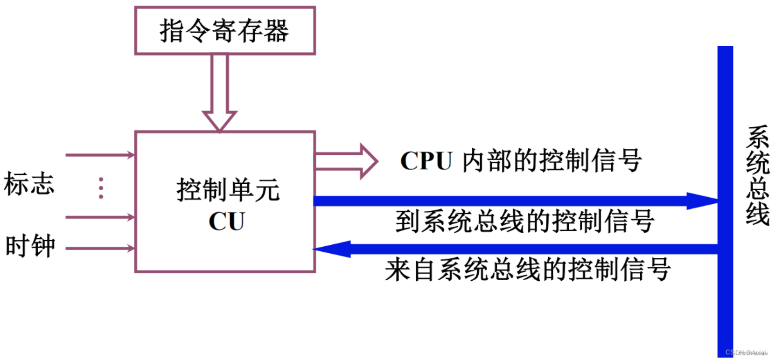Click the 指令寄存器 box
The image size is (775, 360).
click(x=225, y=31)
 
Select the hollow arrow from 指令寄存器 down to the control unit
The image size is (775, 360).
click(x=219, y=93)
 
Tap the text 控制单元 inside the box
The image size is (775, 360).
click(x=228, y=190)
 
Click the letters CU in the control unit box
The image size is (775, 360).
click(x=227, y=221)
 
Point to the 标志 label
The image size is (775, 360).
click(x=29, y=183)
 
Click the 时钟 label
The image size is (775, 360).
click(x=30, y=246)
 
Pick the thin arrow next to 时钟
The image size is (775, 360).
click(x=100, y=249)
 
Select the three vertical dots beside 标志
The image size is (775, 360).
click(x=101, y=188)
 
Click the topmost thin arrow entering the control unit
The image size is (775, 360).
click(x=100, y=155)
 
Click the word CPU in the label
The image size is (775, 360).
click(x=426, y=161)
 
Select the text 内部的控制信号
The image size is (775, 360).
click(x=552, y=161)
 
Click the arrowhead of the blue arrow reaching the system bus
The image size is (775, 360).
click(x=702, y=201)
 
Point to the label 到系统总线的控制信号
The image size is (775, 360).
click(x=524, y=221)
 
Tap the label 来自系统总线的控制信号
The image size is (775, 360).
click(x=528, y=270)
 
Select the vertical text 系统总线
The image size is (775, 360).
click(x=757, y=175)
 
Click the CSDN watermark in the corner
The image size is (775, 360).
click(x=747, y=353)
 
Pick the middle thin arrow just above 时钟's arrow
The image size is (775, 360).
click(x=100, y=217)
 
